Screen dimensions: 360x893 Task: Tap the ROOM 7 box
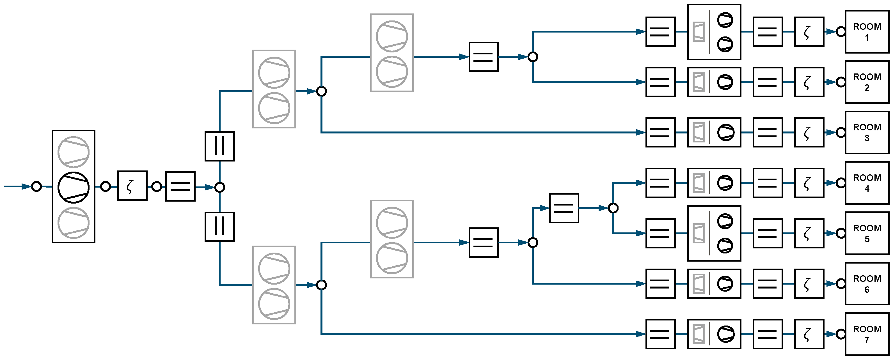pyautogui.click(x=867, y=334)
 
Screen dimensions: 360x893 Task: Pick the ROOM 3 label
pyautogui.click(x=867, y=132)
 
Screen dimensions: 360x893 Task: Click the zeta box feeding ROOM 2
pyautogui.click(x=809, y=82)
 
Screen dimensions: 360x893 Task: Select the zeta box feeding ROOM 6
pyautogui.click(x=809, y=284)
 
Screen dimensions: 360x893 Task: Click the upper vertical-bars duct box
pyautogui.click(x=219, y=146)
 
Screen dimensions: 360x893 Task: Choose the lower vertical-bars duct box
pyautogui.click(x=219, y=227)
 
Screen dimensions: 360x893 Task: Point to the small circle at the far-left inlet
pyautogui.click(x=36, y=186)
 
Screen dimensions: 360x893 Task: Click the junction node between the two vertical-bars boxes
pyautogui.click(x=219, y=188)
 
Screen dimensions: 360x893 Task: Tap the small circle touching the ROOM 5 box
pyautogui.click(x=841, y=233)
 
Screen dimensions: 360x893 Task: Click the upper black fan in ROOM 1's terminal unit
pyautogui.click(x=725, y=20)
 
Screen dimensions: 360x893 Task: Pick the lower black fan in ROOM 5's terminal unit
pyautogui.click(x=725, y=245)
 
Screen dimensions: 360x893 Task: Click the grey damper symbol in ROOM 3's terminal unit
pyautogui.click(x=699, y=132)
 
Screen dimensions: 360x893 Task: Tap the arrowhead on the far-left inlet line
pyautogui.click(x=26, y=186)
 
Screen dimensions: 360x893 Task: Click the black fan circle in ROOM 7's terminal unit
pyautogui.click(x=725, y=334)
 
